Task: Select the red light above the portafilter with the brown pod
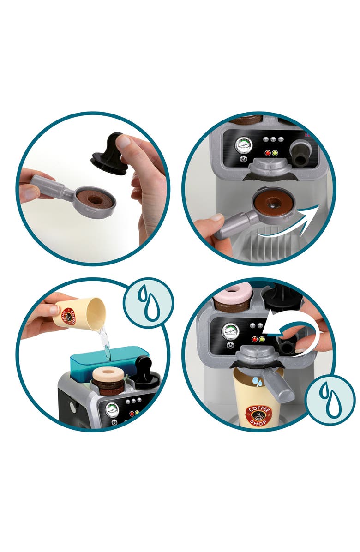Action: [x=267, y=153]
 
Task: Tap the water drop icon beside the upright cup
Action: [x=330, y=400]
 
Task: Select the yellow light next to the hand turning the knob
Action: [x=262, y=339]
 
